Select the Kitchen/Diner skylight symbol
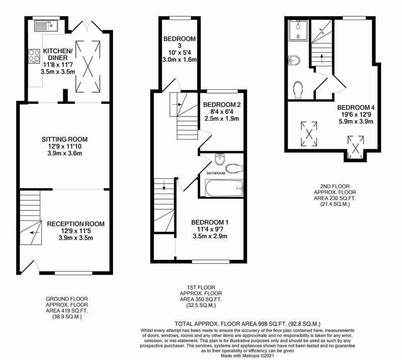pos(88,66)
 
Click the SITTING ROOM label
pos(64,139)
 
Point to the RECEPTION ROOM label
pos(76,224)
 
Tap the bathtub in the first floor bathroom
pos(224,188)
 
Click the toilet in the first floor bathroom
pos(234,168)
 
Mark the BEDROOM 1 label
pos(210,222)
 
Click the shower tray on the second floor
pos(298,30)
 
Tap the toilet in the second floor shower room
pos(298,89)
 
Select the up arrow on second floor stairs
pos(321,57)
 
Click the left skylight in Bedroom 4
pos(309,134)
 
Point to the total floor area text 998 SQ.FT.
pos(247,324)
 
